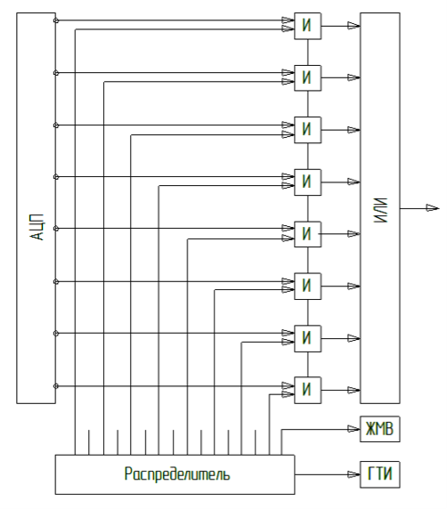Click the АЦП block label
pyautogui.click(x=37, y=227)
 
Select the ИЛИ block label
pyautogui.click(x=381, y=210)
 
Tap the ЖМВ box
pyautogui.click(x=379, y=429)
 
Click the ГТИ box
pyautogui.click(x=379, y=474)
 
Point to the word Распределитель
pyautogui.click(x=177, y=474)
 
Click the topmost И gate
pyautogui.click(x=307, y=26)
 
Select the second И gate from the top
pyautogui.click(x=307, y=78)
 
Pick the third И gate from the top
pyautogui.click(x=307, y=130)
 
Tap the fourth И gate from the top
pyautogui.click(x=307, y=182)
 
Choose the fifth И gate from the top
pyautogui.click(x=307, y=234)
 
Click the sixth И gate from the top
pyautogui.click(x=307, y=286)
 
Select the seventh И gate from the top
pyautogui.click(x=307, y=338)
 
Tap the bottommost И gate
pyautogui.click(x=307, y=390)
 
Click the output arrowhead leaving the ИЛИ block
pyautogui.click(x=433, y=208)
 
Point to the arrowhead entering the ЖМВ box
pyautogui.click(x=354, y=429)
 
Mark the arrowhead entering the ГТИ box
pyautogui.click(x=354, y=474)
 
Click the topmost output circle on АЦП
pyautogui.click(x=56, y=20)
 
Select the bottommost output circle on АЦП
pyautogui.click(x=56, y=386)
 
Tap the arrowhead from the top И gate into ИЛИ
pyautogui.click(x=354, y=26)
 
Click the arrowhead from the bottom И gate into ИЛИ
pyautogui.click(x=354, y=390)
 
